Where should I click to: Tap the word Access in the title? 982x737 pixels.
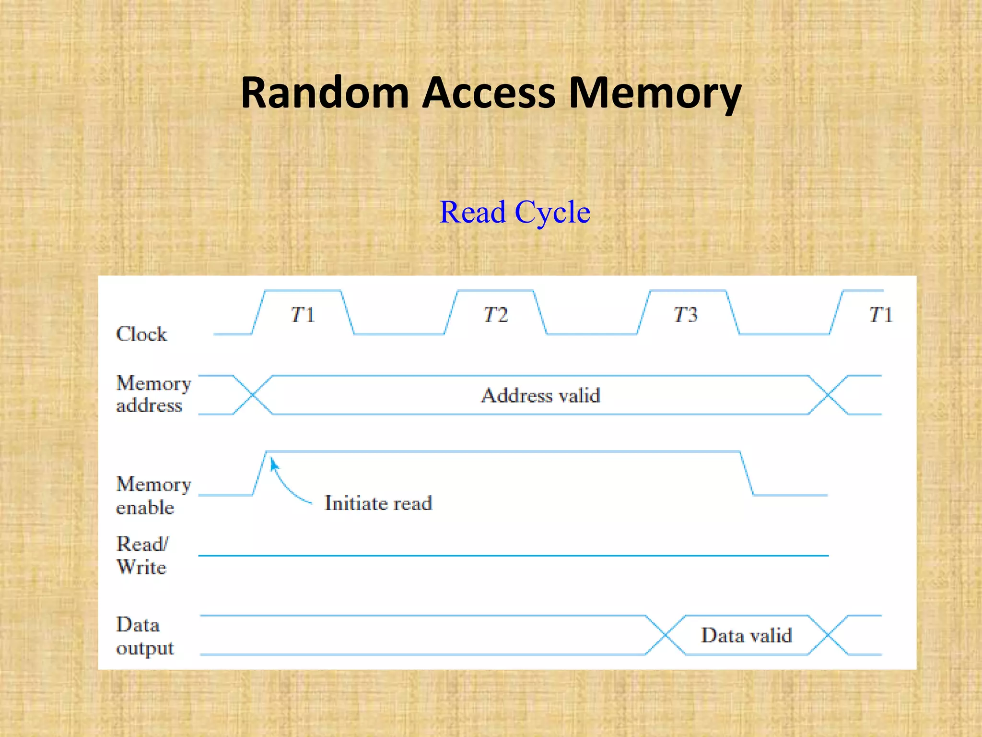coord(488,93)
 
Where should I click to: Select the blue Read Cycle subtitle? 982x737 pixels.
coord(514,212)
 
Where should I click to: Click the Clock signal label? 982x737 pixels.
coord(141,334)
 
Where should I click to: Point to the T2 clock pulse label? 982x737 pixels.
coord(495,315)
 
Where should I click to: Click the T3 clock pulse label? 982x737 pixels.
coord(686,315)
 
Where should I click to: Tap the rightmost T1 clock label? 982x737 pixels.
coord(880,315)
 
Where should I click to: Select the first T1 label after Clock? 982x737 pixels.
coord(303,315)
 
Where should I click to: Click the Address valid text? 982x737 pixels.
coord(540,395)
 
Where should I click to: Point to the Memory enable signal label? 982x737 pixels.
coord(152,495)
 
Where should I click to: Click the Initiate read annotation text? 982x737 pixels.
coord(378,503)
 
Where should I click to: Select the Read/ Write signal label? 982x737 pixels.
coord(142,556)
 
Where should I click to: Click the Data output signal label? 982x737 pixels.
coord(144,636)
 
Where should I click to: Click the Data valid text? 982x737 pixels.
coord(746,635)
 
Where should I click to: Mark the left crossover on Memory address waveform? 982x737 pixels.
coord(253,395)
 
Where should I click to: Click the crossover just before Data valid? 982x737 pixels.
coord(665,635)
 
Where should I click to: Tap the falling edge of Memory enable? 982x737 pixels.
coord(747,473)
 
